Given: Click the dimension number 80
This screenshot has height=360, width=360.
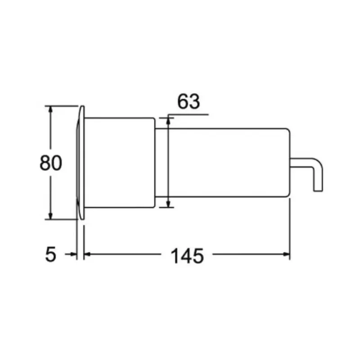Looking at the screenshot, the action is click(x=51, y=163).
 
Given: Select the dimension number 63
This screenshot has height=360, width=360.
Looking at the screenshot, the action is click(x=189, y=101).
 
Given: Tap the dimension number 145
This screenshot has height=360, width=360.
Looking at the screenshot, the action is click(x=187, y=256).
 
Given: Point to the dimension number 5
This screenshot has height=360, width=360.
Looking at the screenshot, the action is click(x=50, y=254).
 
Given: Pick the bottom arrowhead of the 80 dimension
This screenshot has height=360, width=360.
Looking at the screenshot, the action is click(x=50, y=216).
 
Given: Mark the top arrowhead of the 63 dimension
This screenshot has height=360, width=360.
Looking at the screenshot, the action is click(x=168, y=121).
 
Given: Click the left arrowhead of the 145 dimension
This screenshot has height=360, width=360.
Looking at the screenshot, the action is click(x=87, y=254).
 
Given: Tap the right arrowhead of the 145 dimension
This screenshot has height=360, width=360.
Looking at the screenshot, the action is click(x=287, y=254).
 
